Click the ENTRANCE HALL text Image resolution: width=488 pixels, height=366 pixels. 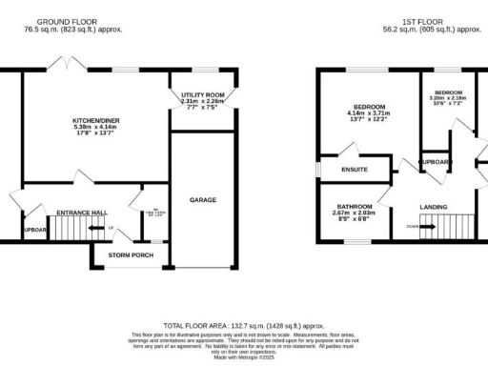tap(80, 212)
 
